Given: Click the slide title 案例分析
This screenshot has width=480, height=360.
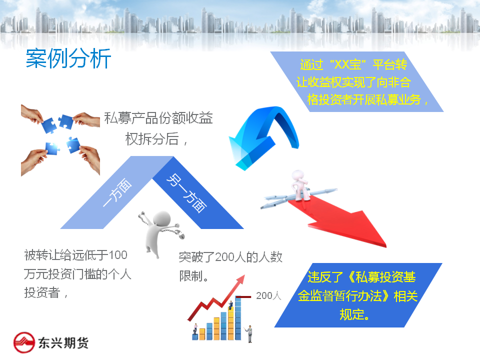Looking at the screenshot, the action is point(68,58).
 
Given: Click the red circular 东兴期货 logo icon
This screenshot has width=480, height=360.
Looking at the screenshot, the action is point(24,342).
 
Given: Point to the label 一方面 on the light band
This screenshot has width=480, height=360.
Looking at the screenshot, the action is point(117,192).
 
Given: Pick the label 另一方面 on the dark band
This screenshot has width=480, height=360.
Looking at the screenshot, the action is point(186,193).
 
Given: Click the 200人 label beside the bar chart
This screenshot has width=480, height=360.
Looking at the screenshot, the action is point(268,295).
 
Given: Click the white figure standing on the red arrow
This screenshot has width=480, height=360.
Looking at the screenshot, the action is point(300,185).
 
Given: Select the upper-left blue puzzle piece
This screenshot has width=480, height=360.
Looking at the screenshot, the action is point(49,125).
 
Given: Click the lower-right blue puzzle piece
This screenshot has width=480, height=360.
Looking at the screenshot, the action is point(73,145).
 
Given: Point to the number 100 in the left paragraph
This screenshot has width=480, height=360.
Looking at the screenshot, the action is point(118,255).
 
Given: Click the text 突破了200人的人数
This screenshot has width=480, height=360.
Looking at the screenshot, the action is point(230,257).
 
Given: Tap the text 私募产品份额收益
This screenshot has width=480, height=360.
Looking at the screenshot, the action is point(158,118).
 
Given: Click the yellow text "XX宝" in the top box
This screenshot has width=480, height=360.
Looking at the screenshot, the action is point(348,64).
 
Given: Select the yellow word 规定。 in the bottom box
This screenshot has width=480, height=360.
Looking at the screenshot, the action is point(354,314).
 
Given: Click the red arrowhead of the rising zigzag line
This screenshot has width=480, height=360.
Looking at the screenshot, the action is point(240,279).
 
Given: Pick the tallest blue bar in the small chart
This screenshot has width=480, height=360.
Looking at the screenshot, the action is point(238,318).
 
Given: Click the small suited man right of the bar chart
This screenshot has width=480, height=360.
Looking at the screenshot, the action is point(250,333).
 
